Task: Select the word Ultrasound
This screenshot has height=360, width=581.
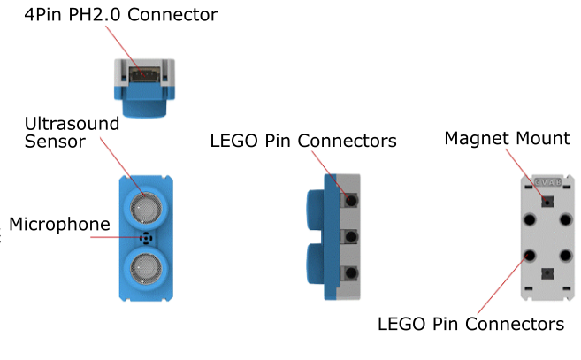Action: [72, 123]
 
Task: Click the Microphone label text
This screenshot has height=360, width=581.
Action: [60, 224]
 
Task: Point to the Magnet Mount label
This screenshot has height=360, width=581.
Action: [507, 139]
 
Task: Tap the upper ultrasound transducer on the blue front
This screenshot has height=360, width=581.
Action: [143, 206]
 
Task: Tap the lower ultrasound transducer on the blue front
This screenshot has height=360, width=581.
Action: [143, 265]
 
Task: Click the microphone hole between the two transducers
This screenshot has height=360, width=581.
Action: [144, 237]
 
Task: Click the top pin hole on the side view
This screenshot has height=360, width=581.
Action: [352, 201]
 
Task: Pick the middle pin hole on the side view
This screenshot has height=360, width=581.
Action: [352, 237]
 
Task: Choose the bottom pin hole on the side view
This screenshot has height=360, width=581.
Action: [352, 273]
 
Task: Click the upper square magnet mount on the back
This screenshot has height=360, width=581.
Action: [548, 201]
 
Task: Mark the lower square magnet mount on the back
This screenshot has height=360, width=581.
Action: [548, 273]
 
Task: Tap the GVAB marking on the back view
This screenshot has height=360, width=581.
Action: [547, 181]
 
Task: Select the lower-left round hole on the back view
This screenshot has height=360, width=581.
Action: [531, 256]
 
